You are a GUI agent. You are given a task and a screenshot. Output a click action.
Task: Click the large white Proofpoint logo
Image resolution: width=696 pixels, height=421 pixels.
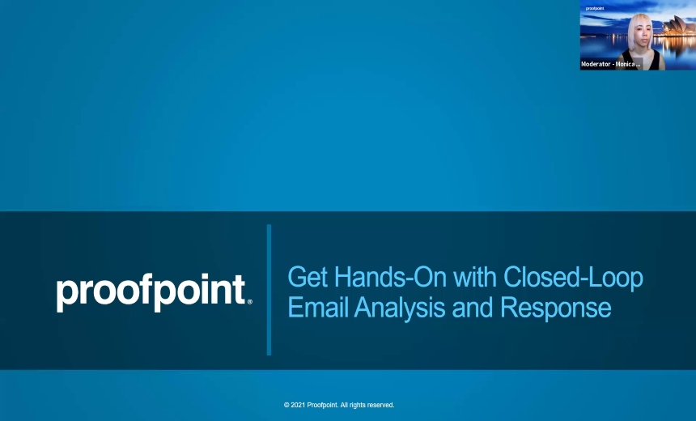tap(151, 292)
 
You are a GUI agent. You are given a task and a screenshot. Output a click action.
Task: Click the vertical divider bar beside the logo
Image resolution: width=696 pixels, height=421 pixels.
tap(269, 290)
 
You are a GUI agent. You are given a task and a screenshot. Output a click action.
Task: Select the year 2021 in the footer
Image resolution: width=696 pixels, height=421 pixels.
tap(299, 405)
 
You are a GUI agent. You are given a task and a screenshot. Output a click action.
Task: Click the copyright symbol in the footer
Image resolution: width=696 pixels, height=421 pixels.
tap(286, 405)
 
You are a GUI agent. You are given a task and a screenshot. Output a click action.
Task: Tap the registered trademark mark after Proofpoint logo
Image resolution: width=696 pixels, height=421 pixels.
tap(249, 302)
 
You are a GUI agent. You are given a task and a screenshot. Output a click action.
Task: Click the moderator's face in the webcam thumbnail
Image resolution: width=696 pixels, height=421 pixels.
tap(638, 31)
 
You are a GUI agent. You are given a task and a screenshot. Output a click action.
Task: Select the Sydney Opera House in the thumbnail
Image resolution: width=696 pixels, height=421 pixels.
tap(677, 36)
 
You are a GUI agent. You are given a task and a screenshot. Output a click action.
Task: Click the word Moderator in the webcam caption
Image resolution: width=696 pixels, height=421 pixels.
tap(596, 64)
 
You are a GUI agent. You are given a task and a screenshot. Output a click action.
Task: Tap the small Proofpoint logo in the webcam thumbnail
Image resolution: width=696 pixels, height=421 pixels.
tap(594, 7)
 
